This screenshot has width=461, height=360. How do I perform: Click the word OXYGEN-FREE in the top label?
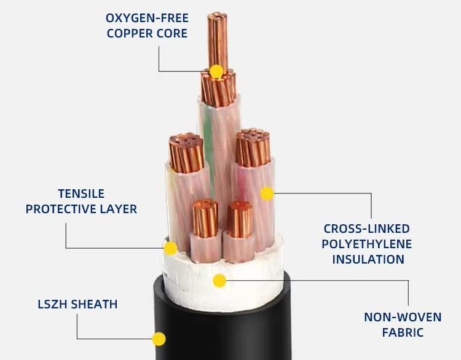point(147,18)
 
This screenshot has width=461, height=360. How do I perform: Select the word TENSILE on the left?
point(81,194)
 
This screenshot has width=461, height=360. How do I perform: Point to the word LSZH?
point(52,304)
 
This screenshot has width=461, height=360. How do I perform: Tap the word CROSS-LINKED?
point(367,229)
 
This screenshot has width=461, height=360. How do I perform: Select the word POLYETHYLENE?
point(366,244)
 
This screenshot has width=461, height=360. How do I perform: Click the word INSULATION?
point(368,259)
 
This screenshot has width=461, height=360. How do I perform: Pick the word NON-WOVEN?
point(403,317)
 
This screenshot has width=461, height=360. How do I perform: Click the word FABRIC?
point(403,332)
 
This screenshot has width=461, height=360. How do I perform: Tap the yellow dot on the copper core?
point(216,71)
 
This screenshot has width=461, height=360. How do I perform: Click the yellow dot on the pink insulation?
point(267,194)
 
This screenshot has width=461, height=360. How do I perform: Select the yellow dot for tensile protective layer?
point(170,248)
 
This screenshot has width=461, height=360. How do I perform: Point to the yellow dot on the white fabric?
point(219,281)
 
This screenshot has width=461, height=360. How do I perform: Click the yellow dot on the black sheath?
point(159,338)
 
